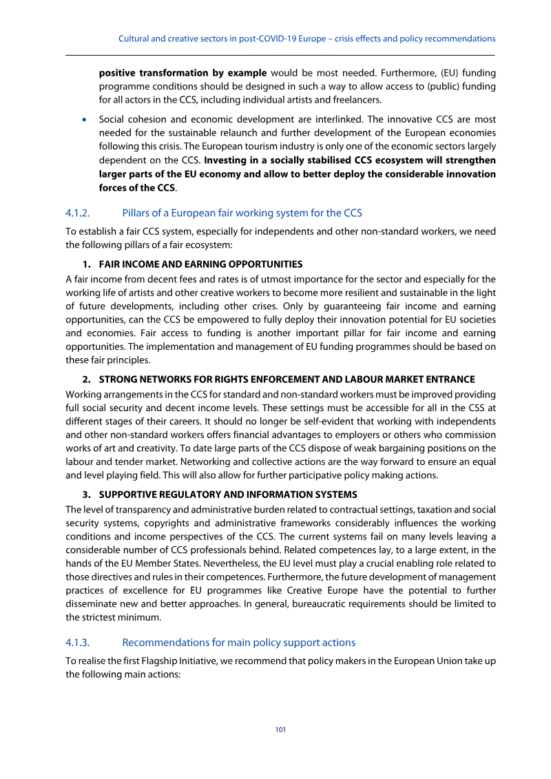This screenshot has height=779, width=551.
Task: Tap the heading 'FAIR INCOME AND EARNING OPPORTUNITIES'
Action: point(200,264)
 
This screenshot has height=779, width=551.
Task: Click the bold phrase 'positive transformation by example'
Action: point(183,72)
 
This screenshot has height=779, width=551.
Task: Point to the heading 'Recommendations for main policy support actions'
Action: point(238,642)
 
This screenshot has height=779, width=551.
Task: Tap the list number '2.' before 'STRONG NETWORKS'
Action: point(88,379)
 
